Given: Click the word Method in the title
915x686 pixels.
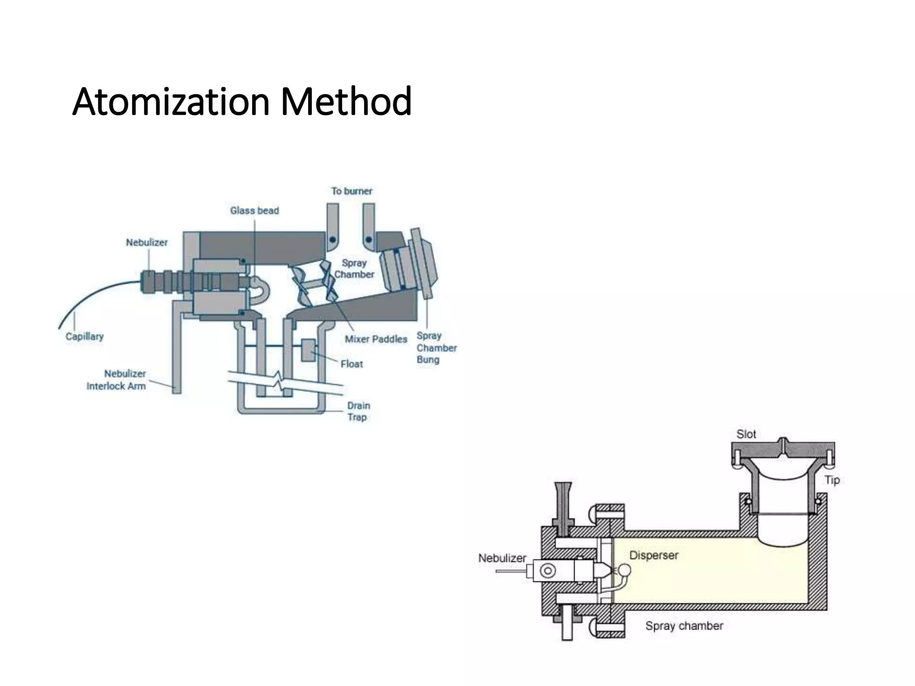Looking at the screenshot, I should pos(346,102).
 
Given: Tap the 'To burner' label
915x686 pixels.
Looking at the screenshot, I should pos(352,191).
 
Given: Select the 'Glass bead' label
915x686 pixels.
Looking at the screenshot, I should pos(254,210).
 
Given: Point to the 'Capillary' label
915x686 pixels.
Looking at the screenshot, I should pos(84,336).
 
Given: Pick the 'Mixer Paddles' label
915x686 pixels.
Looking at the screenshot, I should pos(376,339).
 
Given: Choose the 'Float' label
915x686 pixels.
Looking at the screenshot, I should pos(352,364).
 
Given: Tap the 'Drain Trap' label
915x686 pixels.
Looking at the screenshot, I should pos(358,411).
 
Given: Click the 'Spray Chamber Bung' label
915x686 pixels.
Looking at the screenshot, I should pos(436,347).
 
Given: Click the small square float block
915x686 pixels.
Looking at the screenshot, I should pos(308,350).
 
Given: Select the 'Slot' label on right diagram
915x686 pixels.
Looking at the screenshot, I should pos(746,434).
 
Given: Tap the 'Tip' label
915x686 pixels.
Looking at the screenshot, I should pos(832,480).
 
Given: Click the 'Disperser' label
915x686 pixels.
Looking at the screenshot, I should pos(654,555).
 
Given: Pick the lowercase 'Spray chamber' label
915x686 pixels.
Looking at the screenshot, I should pos(684,626).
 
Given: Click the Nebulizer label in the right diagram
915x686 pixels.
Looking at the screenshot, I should pos(502,558).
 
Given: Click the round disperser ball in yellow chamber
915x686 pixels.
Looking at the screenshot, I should pos(625,570).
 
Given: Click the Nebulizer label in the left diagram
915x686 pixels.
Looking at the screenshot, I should pos(147,243).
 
